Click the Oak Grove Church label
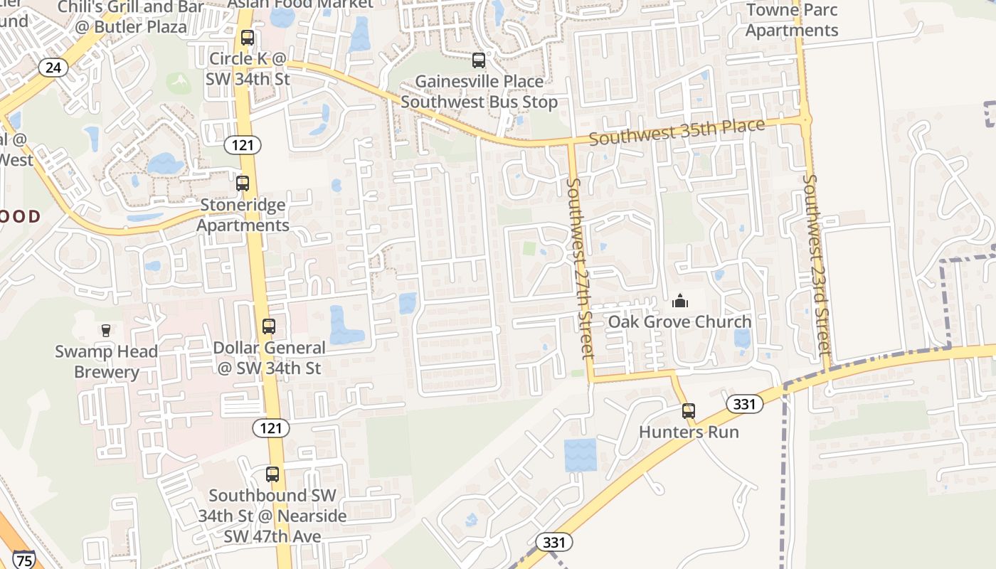(x=679, y=321)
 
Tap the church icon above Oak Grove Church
(x=680, y=302)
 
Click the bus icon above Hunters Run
(x=688, y=411)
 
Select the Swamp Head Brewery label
(x=107, y=361)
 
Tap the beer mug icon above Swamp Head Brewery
(x=106, y=330)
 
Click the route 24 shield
(x=53, y=68)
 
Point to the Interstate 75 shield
(x=23, y=560)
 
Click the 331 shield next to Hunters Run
(x=743, y=404)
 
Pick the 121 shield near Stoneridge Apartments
(x=243, y=145)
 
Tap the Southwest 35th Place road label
(x=677, y=132)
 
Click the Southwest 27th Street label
(x=579, y=268)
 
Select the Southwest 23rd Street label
(x=817, y=265)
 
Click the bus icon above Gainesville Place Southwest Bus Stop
(x=479, y=60)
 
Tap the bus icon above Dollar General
(x=268, y=326)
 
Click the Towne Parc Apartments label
(x=791, y=20)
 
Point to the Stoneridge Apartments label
(x=243, y=215)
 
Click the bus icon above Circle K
(x=247, y=38)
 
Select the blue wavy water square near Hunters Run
(x=580, y=455)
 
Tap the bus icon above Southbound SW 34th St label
(x=272, y=474)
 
